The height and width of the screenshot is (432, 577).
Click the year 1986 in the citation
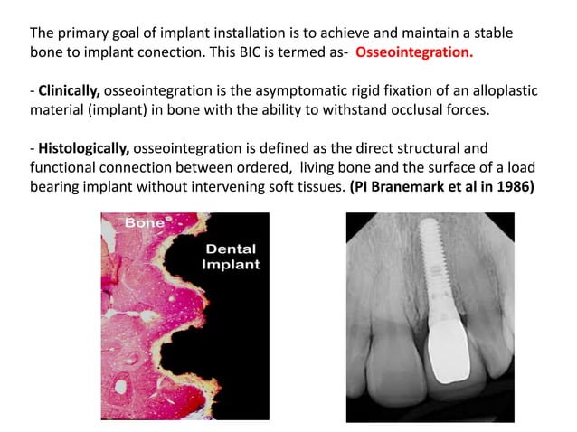pos(510,186)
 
